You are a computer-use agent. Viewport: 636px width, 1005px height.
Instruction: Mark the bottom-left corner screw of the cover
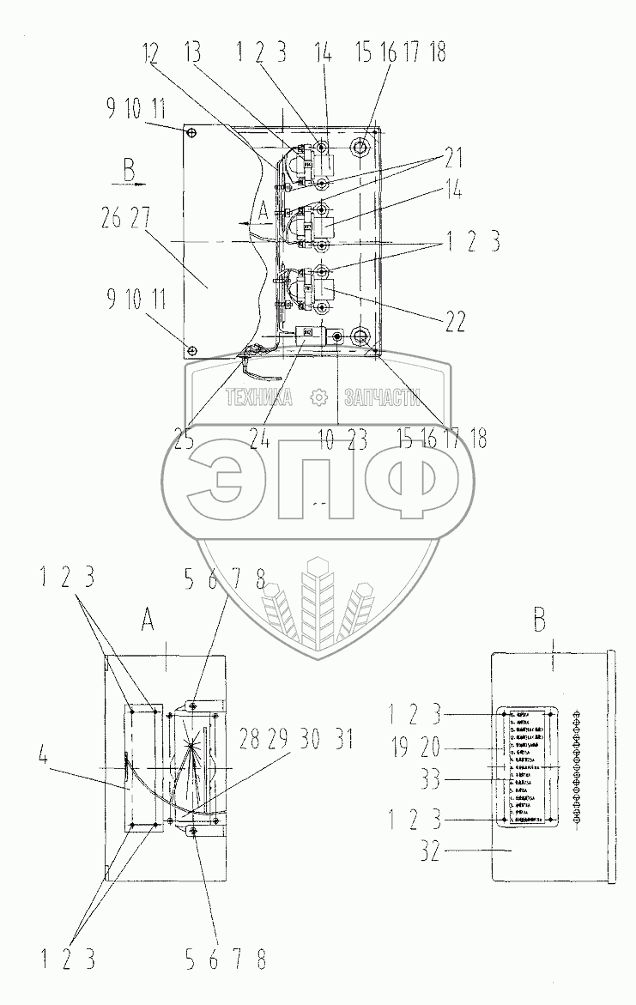pyautogui.click(x=192, y=350)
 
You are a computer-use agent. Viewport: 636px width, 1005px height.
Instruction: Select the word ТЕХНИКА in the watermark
pyautogui.click(x=259, y=397)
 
